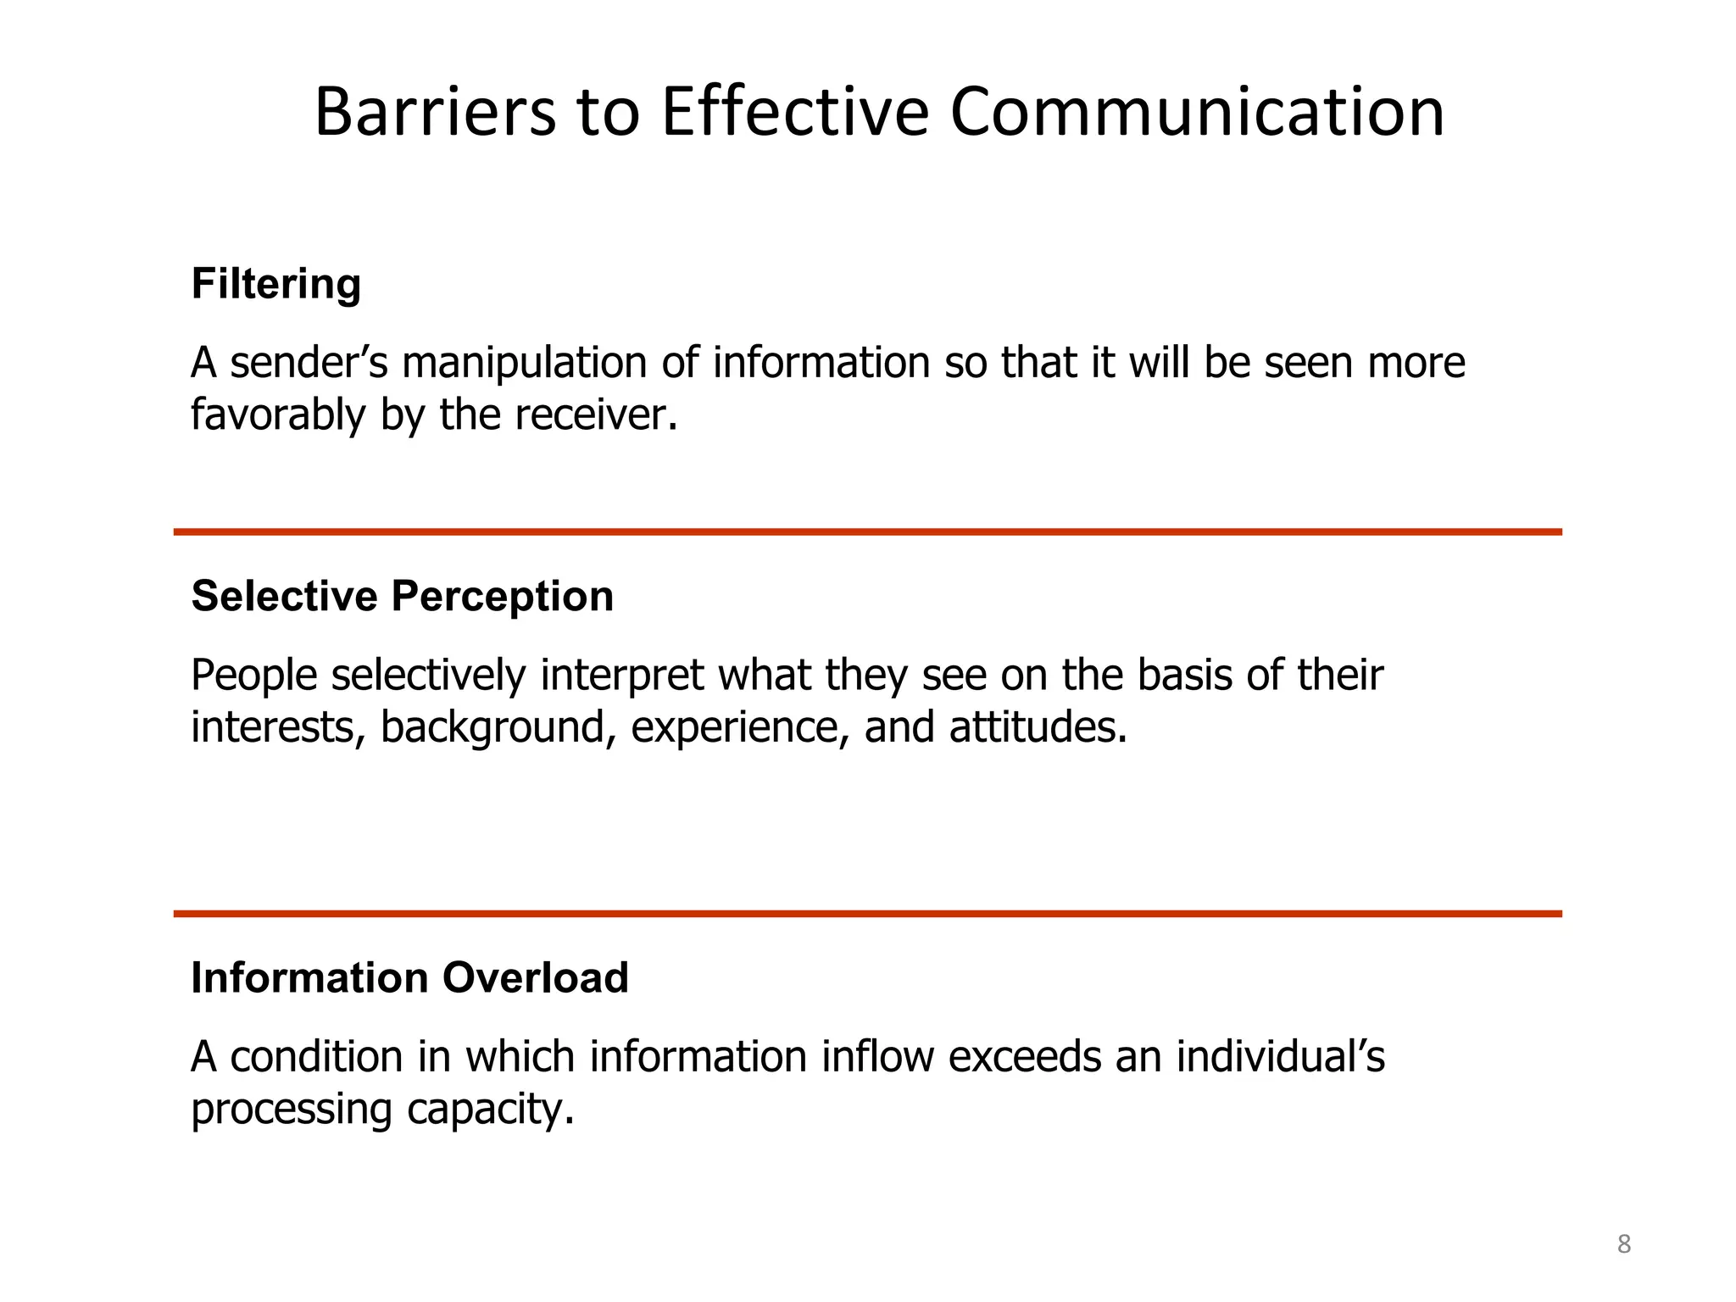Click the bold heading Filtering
[x=276, y=283]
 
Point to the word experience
[x=739, y=727]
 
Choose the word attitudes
[x=1038, y=727]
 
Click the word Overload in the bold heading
[x=535, y=977]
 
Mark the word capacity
[x=490, y=1109]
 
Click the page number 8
[x=1623, y=1244]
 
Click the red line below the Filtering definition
[x=867, y=532]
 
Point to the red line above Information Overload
[x=867, y=914]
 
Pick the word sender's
[x=309, y=363]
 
